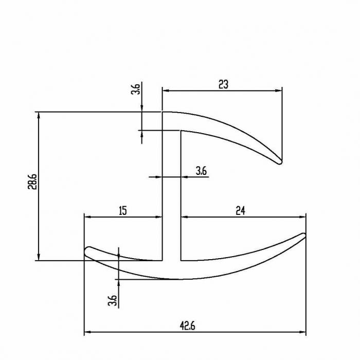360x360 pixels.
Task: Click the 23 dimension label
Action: click(223, 84)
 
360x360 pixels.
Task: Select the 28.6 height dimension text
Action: click(32, 182)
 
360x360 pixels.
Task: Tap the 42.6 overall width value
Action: click(187, 326)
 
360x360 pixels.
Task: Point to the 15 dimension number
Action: click(123, 211)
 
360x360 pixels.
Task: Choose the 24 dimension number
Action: click(240, 210)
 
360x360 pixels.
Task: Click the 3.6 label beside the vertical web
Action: click(201, 171)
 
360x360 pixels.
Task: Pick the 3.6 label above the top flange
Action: click(135, 89)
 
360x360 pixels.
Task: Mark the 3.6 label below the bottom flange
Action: click(113, 300)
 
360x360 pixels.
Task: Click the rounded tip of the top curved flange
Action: click(279, 161)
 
